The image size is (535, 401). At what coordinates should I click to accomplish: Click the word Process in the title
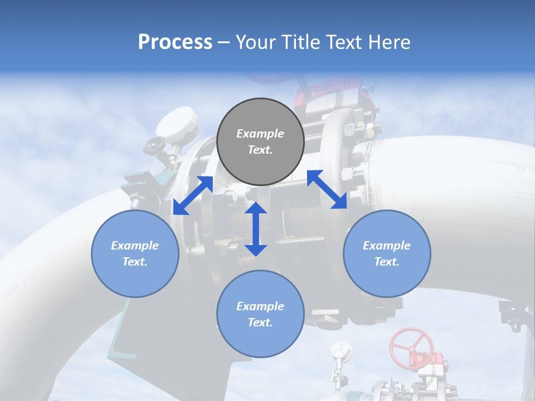(175, 42)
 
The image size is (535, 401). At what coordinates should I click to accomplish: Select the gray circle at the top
(260, 141)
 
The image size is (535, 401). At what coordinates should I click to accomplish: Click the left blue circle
(135, 253)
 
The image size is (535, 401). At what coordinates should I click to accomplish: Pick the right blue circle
(387, 253)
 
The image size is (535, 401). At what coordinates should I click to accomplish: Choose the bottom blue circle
(260, 314)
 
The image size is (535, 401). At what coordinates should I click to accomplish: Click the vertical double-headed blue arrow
(256, 229)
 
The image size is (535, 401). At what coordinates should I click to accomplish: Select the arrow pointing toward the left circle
(193, 195)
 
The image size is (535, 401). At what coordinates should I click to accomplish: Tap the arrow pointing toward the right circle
(327, 189)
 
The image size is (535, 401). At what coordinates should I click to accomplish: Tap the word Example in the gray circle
(260, 134)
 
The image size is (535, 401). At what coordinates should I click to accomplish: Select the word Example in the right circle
(387, 246)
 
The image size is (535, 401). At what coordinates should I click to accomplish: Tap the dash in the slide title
(224, 43)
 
